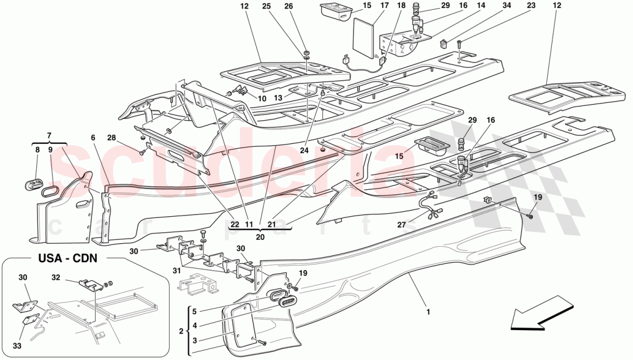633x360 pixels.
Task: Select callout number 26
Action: point(304,6)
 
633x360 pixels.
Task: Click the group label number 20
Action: point(261,236)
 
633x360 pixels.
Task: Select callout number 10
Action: point(262,98)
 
